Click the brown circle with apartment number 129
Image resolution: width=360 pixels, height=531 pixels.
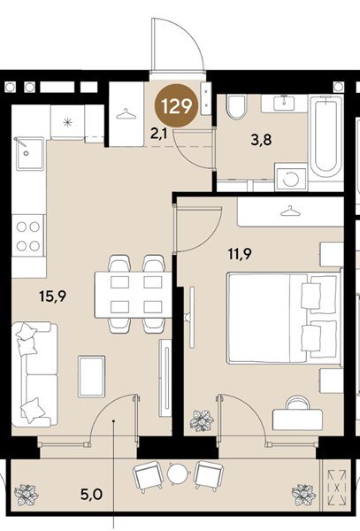[176, 106]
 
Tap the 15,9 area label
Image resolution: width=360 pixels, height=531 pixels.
[53, 296]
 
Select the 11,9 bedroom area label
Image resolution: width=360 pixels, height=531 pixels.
[240, 254]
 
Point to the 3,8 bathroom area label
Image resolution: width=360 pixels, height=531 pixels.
[261, 139]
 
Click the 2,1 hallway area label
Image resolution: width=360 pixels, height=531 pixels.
[158, 135]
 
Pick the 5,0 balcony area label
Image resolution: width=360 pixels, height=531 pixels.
[91, 495]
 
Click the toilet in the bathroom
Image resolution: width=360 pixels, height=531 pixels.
[236, 107]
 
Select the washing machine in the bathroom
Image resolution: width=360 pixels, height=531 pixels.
[291, 178]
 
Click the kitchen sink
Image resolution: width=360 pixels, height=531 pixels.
[30, 153]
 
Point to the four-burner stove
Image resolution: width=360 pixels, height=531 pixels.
[28, 236]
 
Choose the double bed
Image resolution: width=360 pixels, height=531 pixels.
[284, 318]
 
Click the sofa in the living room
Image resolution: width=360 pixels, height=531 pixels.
[34, 374]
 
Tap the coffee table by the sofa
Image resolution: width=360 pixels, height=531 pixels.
[91, 376]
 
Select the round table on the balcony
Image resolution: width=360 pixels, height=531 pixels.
[177, 473]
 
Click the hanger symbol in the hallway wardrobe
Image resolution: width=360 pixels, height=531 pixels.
[126, 114]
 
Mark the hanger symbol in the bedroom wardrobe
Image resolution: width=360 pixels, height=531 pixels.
[290, 212]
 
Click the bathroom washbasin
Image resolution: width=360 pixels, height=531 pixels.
[284, 104]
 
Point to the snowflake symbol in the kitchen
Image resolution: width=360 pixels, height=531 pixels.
[68, 122]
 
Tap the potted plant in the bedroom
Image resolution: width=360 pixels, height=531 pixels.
[202, 420]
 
